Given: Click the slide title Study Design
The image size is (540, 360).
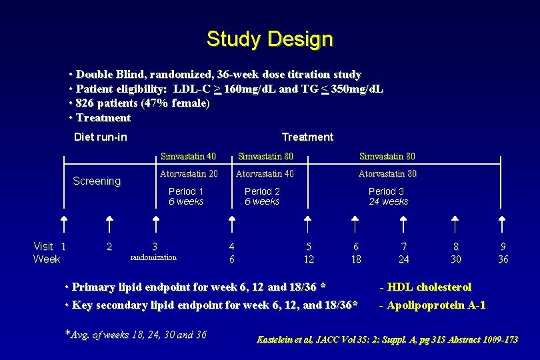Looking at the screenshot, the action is (x=269, y=39).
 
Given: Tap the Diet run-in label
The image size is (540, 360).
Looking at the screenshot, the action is (x=100, y=137).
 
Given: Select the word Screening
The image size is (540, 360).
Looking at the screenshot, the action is (x=97, y=181).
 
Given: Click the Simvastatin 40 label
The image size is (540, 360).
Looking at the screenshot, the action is (x=188, y=157).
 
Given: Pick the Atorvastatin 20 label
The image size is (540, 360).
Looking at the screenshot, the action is (x=189, y=174).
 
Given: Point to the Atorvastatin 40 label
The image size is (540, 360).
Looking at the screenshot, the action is (x=265, y=174).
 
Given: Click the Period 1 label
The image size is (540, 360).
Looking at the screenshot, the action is (x=186, y=191).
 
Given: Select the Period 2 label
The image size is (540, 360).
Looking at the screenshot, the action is (x=262, y=191).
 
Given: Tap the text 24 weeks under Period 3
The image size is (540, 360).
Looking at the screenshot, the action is (x=389, y=201).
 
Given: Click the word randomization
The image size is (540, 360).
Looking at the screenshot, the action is (x=153, y=257).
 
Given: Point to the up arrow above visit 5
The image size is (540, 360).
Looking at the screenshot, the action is (x=307, y=225).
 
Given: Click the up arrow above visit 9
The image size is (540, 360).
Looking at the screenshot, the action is (x=503, y=225).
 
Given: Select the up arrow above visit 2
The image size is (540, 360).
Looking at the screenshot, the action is (x=110, y=225).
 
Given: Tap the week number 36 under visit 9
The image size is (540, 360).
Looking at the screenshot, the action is (x=503, y=259).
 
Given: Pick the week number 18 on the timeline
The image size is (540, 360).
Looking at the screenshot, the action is (x=356, y=259).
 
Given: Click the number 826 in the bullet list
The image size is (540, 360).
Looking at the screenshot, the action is (x=85, y=103).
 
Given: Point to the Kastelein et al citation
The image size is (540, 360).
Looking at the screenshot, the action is (x=387, y=340).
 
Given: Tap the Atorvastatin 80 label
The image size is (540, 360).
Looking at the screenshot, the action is (x=387, y=174).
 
